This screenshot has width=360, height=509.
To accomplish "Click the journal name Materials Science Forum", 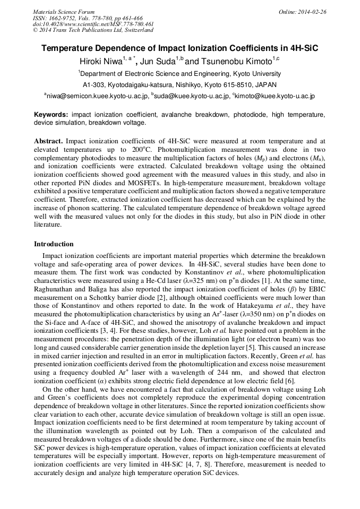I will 64,12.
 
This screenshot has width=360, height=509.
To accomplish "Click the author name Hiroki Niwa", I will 100,62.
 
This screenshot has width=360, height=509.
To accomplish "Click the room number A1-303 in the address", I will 94,85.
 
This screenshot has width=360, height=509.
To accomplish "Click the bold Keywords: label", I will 51,115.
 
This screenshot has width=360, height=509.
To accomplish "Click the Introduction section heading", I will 54,244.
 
